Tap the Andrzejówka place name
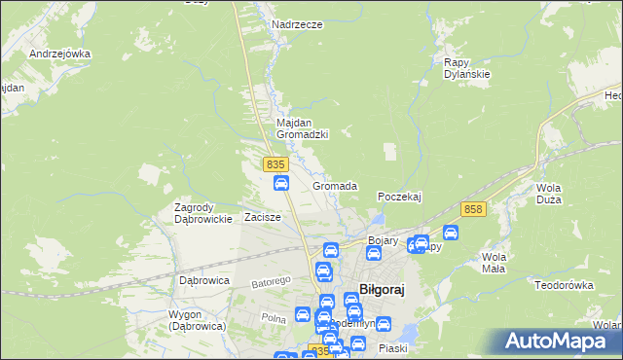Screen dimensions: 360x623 [x=59, y=54]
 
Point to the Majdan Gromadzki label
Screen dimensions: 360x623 [x=303, y=127]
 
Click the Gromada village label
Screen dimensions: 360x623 [x=335, y=185]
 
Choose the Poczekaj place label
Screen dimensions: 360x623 [x=399, y=196]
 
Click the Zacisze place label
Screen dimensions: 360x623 [x=263, y=217]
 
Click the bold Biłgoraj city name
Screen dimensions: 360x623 [x=382, y=289]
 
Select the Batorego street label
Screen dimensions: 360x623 [x=272, y=283]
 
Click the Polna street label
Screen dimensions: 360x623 [x=272, y=318]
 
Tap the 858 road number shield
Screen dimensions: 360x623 [x=474, y=209]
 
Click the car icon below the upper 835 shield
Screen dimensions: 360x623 [x=280, y=183]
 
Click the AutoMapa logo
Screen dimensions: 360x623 [x=559, y=342]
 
